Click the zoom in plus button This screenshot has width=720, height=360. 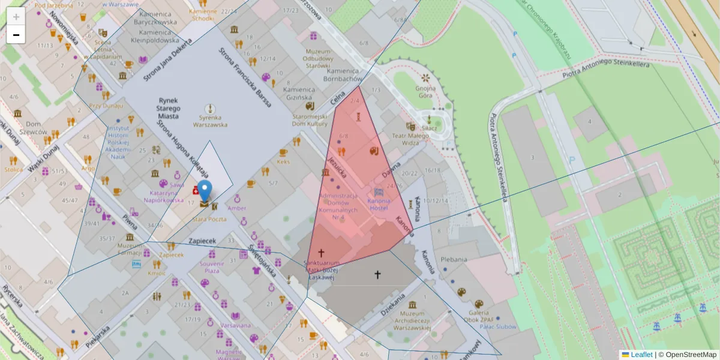tap(16, 17)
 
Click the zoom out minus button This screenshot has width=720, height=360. tap(16, 35)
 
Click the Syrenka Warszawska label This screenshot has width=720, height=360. tap(210, 121)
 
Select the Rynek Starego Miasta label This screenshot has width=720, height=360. tap(169, 108)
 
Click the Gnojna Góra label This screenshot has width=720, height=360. tap(425, 92)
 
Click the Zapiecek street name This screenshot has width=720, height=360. tap(202, 240)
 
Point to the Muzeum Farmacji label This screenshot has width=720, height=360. tap(130, 249)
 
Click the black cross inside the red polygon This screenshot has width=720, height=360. tap(321, 253)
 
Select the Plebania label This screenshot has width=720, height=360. tap(454, 260)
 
